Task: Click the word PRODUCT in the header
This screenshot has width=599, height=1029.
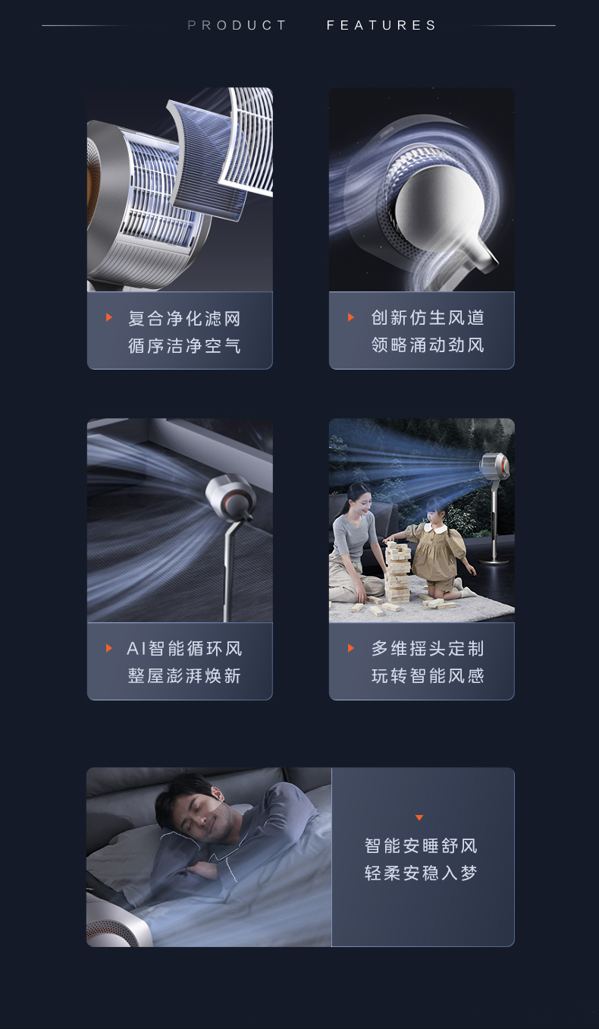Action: click(x=237, y=25)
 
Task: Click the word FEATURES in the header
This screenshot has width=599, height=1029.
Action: click(x=381, y=25)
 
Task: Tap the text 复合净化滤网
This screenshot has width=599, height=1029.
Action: click(x=184, y=319)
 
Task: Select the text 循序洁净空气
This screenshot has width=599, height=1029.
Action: click(x=184, y=346)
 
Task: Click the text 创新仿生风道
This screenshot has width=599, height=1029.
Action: click(x=428, y=317)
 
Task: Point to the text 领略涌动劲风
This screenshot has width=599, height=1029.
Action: click(x=428, y=345)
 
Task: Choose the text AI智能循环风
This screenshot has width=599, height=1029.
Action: click(x=184, y=649)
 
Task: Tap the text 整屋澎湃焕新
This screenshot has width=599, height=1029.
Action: click(x=184, y=675)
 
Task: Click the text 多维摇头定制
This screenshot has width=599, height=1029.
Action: click(x=428, y=649)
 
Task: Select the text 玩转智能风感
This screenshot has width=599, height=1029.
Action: click(x=428, y=675)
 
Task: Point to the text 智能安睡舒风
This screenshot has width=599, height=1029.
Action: click(x=422, y=845)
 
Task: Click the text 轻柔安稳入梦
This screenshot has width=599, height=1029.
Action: click(x=422, y=873)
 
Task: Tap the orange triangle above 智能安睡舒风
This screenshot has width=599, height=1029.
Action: click(x=419, y=818)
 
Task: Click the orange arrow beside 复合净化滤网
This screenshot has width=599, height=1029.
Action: click(x=108, y=317)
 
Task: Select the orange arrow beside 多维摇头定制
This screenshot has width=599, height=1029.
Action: click(x=351, y=648)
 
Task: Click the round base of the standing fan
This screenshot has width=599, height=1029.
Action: click(x=494, y=560)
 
